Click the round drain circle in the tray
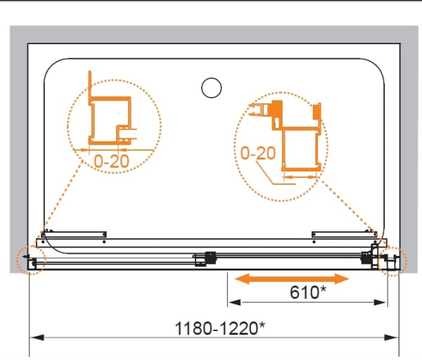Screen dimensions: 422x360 click(x=212, y=88)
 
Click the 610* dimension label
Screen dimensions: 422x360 click(x=308, y=292)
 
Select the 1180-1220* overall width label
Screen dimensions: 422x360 click(x=220, y=328)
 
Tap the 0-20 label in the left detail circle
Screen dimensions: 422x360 click(x=111, y=161)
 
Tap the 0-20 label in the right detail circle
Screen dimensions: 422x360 click(x=258, y=153)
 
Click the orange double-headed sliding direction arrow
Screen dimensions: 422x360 click(x=292, y=278)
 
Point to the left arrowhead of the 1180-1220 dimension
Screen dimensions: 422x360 click(x=37, y=337)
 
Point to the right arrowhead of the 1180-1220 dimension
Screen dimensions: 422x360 click(x=392, y=337)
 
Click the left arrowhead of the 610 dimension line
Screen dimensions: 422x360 click(x=234, y=302)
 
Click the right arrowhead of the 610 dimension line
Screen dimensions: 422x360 click(x=381, y=302)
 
